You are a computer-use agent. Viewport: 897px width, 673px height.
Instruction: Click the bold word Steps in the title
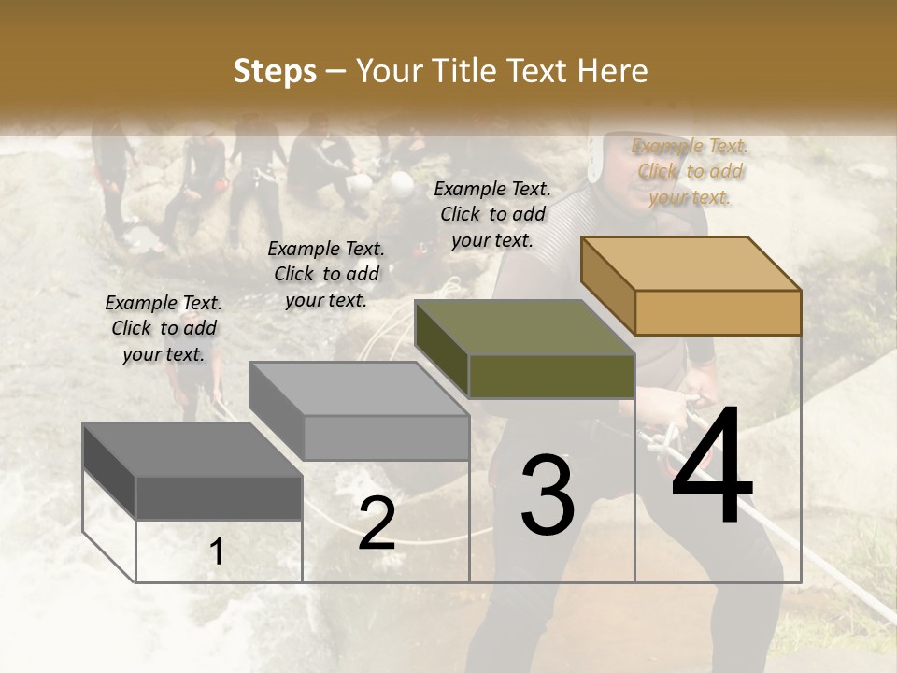click(275, 71)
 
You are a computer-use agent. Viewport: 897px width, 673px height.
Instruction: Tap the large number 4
click(712, 467)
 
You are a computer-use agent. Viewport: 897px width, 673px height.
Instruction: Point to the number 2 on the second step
click(377, 523)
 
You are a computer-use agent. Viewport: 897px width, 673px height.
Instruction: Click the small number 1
click(217, 552)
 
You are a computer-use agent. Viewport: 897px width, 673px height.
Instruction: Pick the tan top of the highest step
click(691, 262)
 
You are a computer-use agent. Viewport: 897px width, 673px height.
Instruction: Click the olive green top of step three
click(523, 327)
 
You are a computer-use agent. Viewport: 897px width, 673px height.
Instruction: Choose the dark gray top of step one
click(192, 450)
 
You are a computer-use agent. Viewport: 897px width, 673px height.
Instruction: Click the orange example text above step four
click(691, 171)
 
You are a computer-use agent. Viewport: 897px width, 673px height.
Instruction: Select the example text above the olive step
click(492, 214)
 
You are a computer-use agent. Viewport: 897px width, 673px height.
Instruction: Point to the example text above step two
click(326, 274)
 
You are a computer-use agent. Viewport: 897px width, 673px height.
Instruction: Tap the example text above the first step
click(164, 328)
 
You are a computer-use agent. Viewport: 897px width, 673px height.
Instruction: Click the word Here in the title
click(614, 71)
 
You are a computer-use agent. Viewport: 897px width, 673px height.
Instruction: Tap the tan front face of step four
click(718, 312)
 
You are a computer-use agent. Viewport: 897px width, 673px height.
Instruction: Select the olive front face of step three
click(551, 376)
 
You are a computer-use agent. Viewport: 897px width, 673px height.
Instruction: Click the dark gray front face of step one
click(219, 497)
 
